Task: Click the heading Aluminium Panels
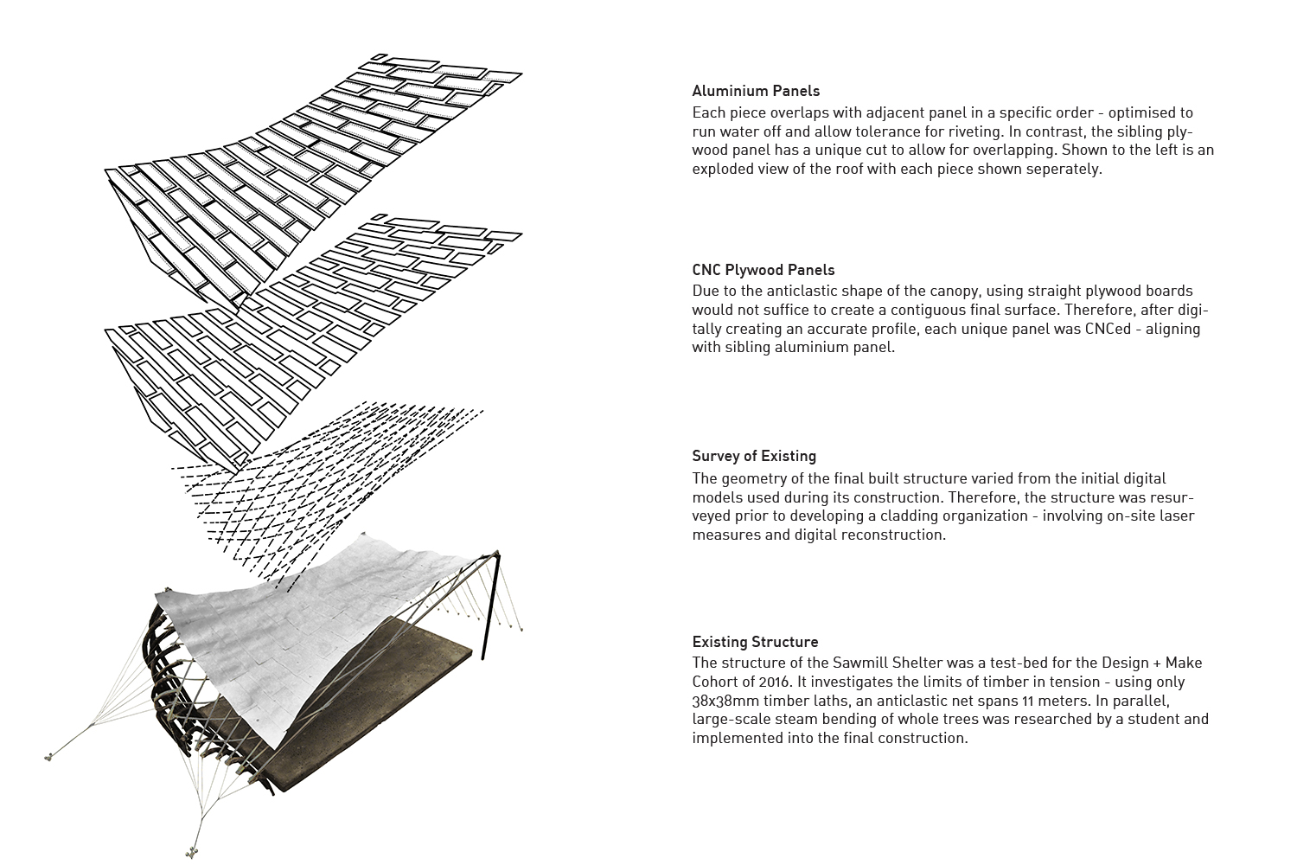pyautogui.click(x=756, y=91)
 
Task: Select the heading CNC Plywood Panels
pyautogui.click(x=764, y=270)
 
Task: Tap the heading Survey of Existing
pyautogui.click(x=754, y=456)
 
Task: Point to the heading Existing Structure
pyautogui.click(x=755, y=642)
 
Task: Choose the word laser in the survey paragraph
pyautogui.click(x=1177, y=516)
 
